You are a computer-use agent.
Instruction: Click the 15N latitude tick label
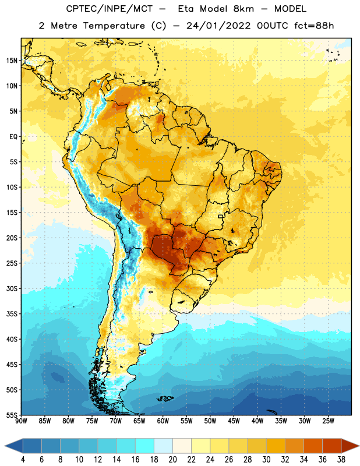pyautogui.click(x=12, y=61)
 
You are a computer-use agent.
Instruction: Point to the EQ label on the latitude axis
pyautogui.click(x=13, y=137)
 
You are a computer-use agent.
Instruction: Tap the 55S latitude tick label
pyautogui.click(x=12, y=415)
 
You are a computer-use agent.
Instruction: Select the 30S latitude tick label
pyautogui.click(x=12, y=288)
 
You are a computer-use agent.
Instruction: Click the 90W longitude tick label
pyautogui.click(x=21, y=421)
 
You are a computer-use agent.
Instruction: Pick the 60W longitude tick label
pyautogui.click(x=163, y=421)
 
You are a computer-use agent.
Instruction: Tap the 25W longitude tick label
pyautogui.click(x=328, y=421)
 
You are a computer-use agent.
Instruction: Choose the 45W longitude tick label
pyautogui.click(x=234, y=421)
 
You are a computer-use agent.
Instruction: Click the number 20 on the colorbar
pyautogui.click(x=172, y=460)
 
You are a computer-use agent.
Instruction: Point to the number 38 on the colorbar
pyautogui.click(x=341, y=460)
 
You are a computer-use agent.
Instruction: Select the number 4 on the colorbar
pyautogui.click(x=23, y=460)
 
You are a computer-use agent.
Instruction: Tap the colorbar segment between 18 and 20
pyautogui.click(x=164, y=446)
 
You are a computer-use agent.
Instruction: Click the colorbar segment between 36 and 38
pyautogui.click(x=332, y=446)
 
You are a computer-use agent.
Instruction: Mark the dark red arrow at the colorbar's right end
pyautogui.click(x=350, y=446)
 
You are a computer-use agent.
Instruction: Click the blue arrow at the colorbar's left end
pyautogui.click(x=14, y=446)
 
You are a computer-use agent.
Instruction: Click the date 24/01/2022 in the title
pyautogui.click(x=219, y=26)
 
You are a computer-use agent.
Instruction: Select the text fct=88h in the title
pyautogui.click(x=314, y=26)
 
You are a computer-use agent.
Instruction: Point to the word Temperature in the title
pyautogui.click(x=114, y=26)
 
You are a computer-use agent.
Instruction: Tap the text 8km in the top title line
pyautogui.click(x=243, y=9)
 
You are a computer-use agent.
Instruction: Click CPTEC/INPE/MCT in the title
pyautogui.click(x=110, y=9)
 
